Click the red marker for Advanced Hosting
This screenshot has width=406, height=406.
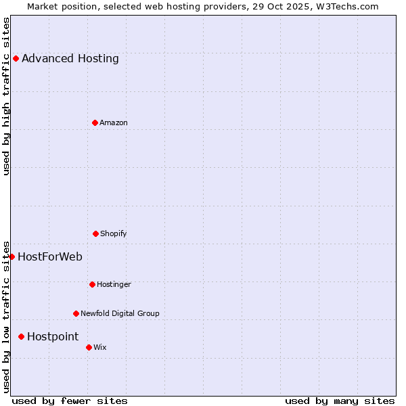tap(16, 58)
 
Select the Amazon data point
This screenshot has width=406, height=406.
tap(95, 122)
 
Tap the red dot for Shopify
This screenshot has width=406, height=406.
tap(95, 233)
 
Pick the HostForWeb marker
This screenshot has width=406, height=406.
tap(12, 256)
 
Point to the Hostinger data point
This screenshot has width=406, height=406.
tap(92, 284)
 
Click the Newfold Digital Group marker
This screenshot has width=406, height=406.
tap(76, 313)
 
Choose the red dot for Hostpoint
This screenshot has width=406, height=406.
tap(21, 336)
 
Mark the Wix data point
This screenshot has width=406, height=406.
tap(89, 347)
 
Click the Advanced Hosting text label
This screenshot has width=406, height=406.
tap(70, 58)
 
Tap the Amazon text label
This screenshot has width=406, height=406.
tap(114, 122)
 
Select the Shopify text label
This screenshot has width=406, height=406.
tap(114, 233)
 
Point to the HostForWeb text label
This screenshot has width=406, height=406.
tap(50, 256)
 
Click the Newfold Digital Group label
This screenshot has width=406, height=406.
tap(120, 313)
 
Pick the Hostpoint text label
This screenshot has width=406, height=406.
tap(53, 336)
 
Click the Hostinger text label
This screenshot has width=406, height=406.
tap(114, 284)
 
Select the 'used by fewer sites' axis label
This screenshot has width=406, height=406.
tap(70, 401)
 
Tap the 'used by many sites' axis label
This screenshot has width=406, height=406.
tap(340, 401)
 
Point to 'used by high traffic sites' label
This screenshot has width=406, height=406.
tap(6, 96)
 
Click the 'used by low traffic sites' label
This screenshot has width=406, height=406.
tap(6, 316)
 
